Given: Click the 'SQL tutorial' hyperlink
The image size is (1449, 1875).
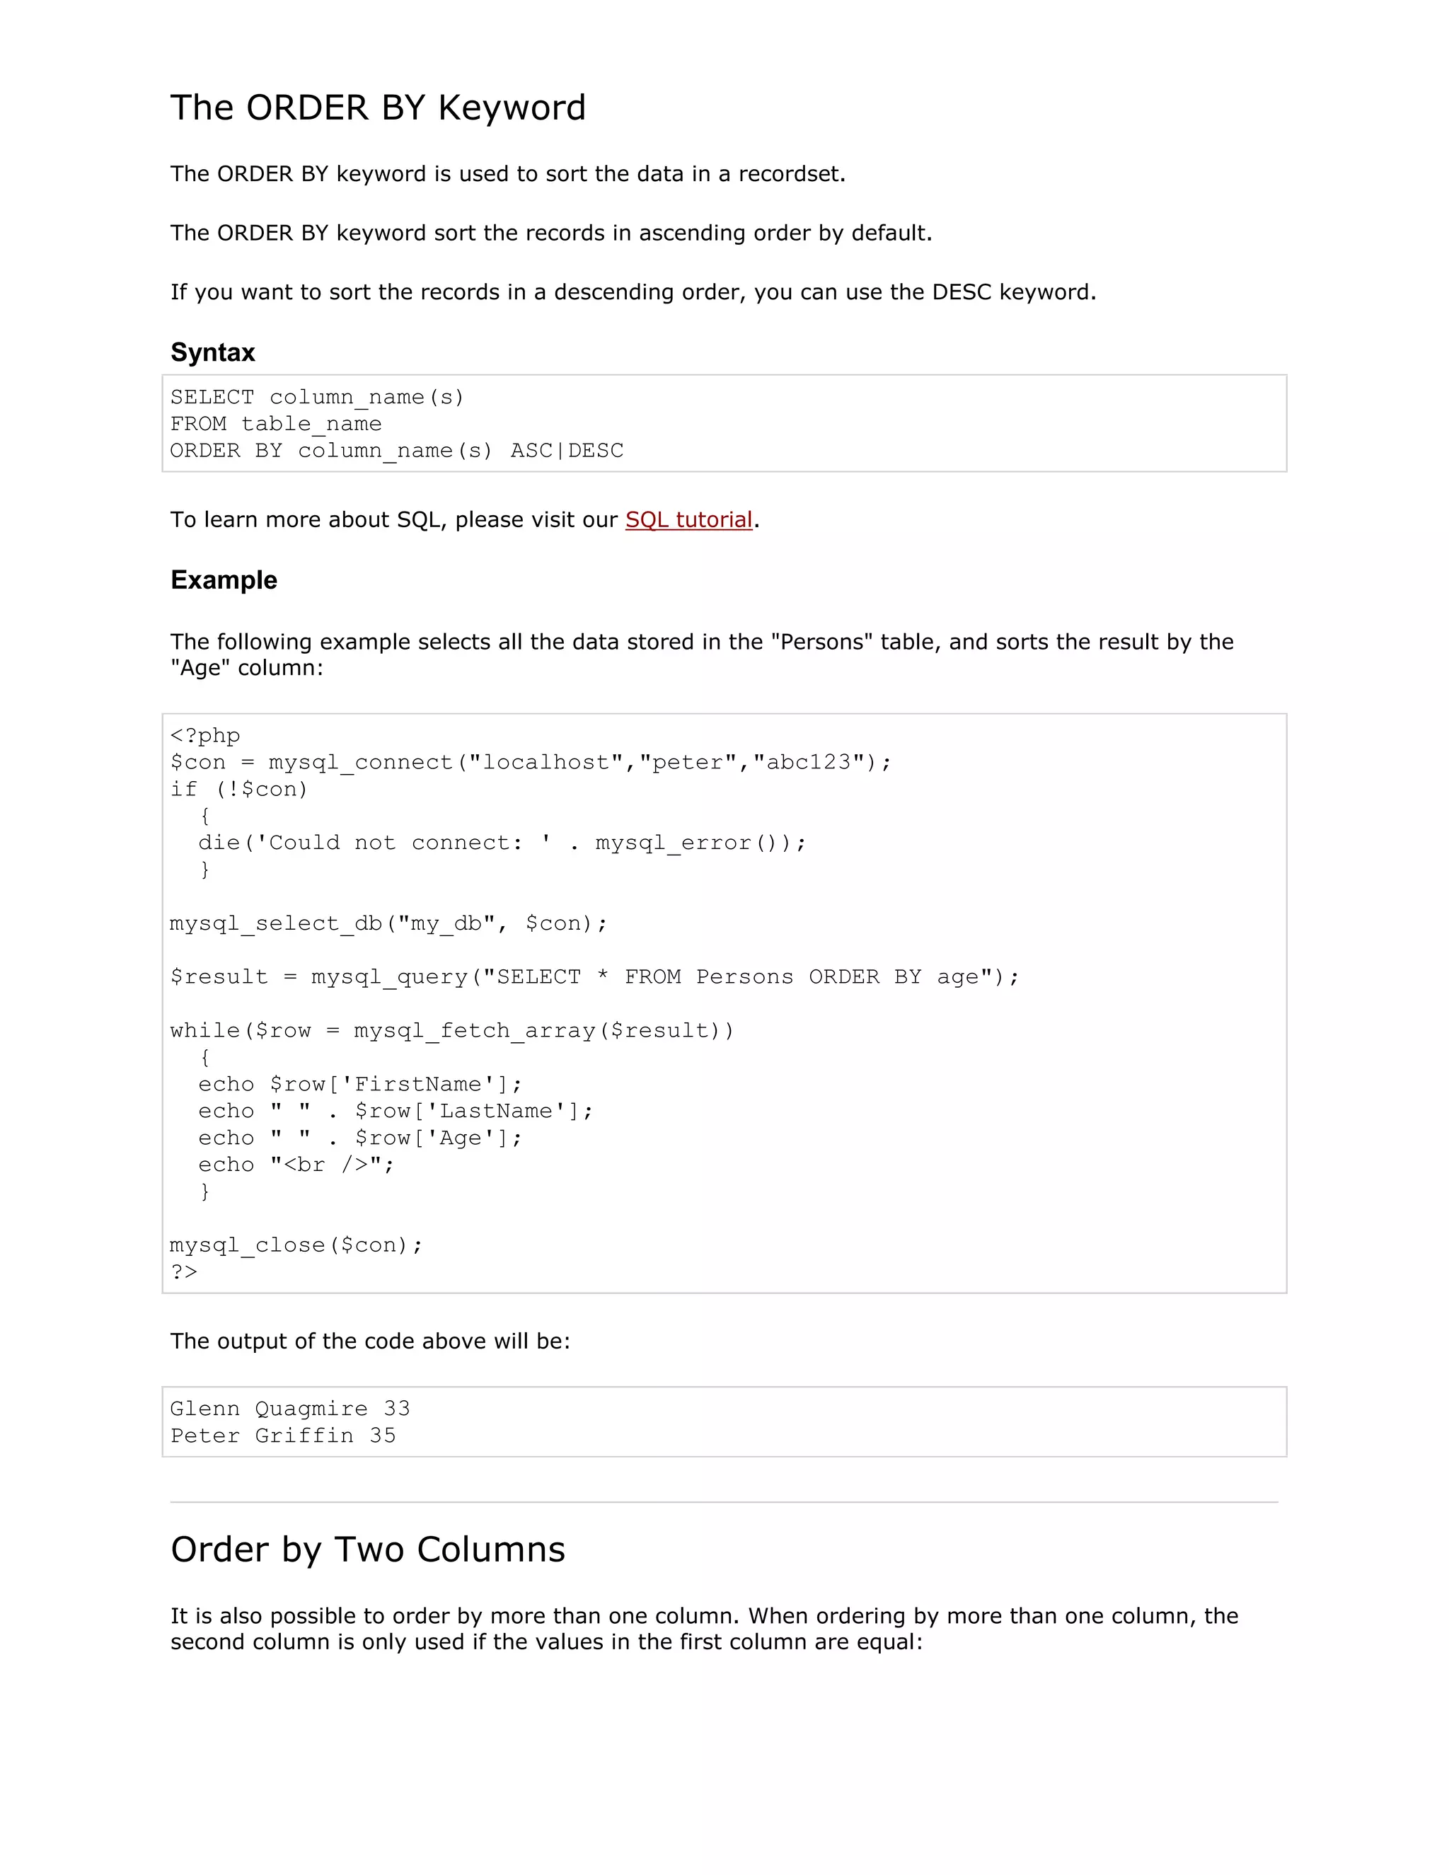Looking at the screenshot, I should pos(688,519).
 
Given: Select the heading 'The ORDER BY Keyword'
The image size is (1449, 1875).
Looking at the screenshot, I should pos(378,108).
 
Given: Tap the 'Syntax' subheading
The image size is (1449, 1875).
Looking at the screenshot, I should pos(213,352).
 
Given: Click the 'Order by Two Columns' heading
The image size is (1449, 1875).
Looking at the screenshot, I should pos(367,1550).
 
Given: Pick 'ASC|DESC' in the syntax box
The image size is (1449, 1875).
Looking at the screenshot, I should pos(567,451).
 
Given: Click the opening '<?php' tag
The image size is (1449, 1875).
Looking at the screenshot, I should pos(205,736).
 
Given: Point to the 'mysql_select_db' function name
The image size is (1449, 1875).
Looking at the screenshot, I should pos(275,924).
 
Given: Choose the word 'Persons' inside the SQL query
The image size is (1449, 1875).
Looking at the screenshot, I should pos(744,977).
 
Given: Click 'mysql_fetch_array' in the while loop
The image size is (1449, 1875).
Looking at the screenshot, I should pos(474,1031).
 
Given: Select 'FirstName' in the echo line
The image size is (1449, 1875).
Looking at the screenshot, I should pos(418,1084).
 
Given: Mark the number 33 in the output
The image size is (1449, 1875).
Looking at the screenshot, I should pos(397,1409).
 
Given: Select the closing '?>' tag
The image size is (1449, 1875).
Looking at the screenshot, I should pos(184,1272).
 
